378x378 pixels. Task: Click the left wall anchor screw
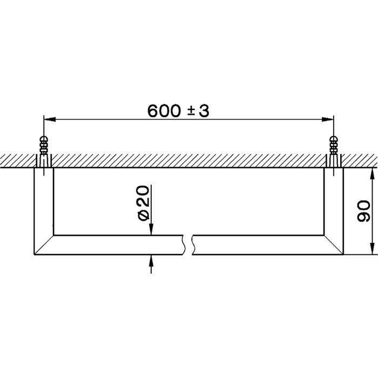click(43, 148)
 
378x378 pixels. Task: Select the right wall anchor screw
click(335, 148)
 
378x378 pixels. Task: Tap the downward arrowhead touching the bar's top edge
click(152, 230)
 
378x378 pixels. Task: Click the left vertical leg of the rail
click(43, 200)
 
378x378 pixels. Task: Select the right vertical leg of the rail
click(334, 200)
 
